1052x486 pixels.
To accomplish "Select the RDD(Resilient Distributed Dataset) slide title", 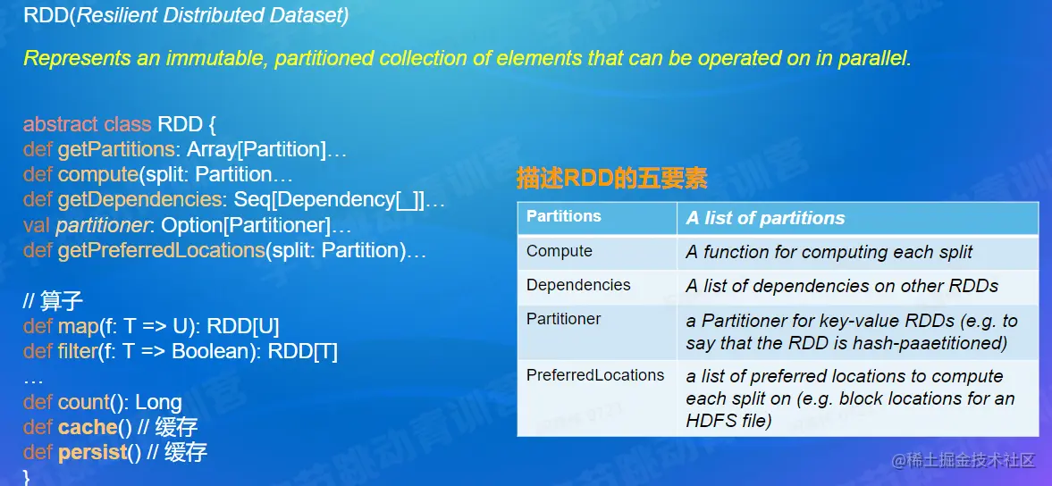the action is point(187,16).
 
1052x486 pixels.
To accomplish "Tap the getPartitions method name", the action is point(117,150).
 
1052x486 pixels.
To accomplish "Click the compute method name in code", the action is point(98,175).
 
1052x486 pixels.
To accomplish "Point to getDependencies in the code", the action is point(139,200).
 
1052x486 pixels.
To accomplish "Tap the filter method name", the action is point(78,351).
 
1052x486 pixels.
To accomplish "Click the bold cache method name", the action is point(87,427).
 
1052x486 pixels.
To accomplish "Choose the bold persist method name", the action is point(93,452).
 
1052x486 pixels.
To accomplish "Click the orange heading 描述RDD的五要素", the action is point(612,179).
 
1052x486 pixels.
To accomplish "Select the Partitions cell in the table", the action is point(564,216).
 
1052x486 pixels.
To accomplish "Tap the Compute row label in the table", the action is point(560,251).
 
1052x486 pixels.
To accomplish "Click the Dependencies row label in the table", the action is point(578,285).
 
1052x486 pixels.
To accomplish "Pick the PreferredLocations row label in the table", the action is point(595,374).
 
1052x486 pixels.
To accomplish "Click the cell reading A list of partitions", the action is point(765,218).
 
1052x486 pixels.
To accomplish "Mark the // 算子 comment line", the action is point(53,301).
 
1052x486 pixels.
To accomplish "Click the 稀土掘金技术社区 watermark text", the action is point(964,460).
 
